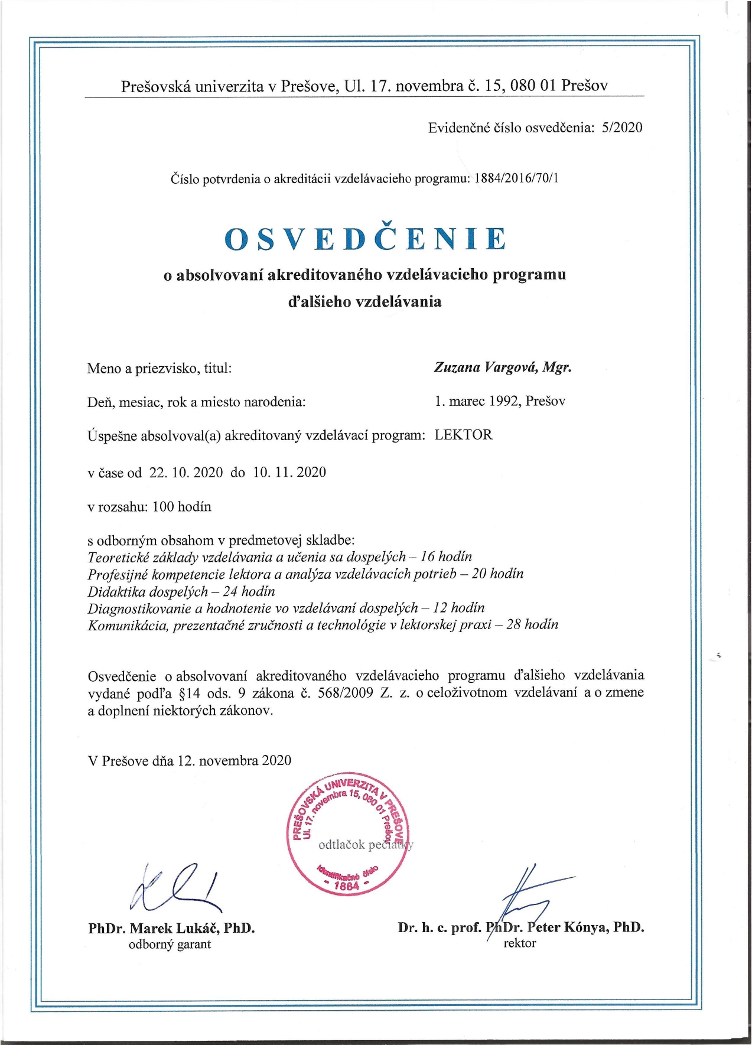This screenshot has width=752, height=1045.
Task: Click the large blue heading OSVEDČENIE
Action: click(366, 239)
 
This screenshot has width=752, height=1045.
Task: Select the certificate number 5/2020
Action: click(621, 128)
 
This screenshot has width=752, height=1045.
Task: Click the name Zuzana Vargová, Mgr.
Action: click(503, 367)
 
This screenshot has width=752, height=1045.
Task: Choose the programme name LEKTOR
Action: click(463, 435)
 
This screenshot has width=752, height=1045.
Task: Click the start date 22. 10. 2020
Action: click(186, 473)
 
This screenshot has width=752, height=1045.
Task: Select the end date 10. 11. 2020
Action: click(289, 473)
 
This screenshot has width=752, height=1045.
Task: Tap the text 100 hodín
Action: click(181, 507)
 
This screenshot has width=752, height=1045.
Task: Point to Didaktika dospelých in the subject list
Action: click(148, 591)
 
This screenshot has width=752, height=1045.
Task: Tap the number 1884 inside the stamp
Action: click(346, 886)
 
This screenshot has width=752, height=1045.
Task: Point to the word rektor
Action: click(519, 943)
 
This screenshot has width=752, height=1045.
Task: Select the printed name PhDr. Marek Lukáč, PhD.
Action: click(171, 928)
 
